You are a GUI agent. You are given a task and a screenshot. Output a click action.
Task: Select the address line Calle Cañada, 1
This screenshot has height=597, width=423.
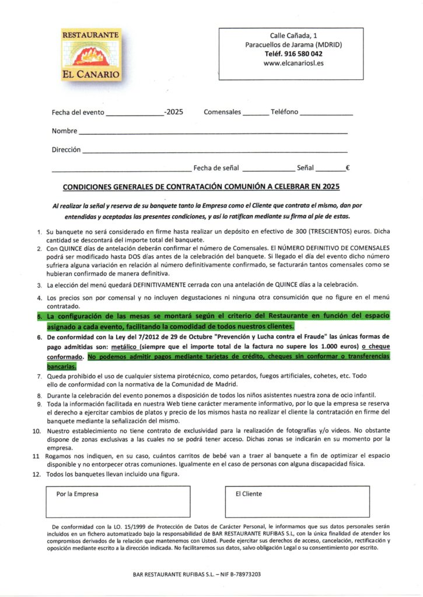293,36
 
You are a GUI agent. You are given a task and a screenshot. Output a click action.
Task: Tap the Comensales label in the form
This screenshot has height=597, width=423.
222,112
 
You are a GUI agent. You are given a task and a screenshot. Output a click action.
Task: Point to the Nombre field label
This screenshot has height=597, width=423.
65,131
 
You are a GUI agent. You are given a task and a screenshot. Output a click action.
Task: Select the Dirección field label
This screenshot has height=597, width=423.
66,150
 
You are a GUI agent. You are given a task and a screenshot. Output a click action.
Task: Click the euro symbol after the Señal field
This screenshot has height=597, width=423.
347,168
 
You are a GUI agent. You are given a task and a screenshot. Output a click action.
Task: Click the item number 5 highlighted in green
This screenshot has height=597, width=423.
40,316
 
